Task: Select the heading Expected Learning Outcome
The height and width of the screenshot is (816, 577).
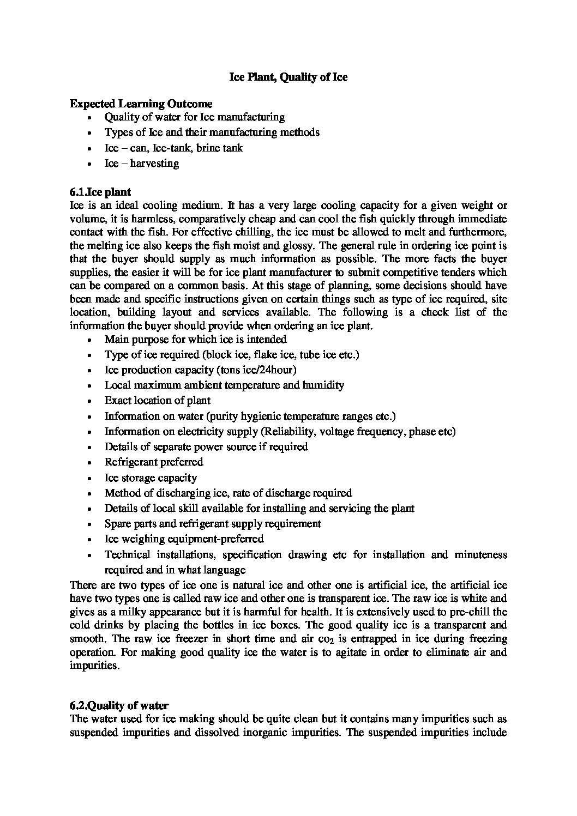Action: tap(141, 104)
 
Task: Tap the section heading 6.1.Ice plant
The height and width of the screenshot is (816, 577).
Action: tap(100, 192)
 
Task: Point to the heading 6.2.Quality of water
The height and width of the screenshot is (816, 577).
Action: tap(119, 706)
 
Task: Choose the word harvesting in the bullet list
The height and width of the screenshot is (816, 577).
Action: tap(154, 163)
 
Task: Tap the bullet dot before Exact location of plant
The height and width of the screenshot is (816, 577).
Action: tap(90, 401)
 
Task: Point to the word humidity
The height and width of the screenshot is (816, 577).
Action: tap(323, 385)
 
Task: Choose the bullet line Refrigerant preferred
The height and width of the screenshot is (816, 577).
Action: tap(154, 462)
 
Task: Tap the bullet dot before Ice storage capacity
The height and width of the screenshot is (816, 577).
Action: tap(90, 478)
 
